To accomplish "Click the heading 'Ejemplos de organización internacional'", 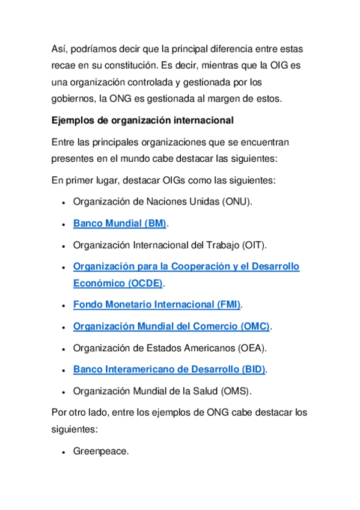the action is pyautogui.click(x=143, y=120).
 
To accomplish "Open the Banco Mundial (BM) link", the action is pyautogui.click(x=120, y=223).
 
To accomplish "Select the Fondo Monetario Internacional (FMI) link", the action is pyautogui.click(x=156, y=304).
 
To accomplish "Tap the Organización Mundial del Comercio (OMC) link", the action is pyautogui.click(x=171, y=326).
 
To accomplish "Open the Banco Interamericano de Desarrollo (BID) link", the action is pyautogui.click(x=169, y=369).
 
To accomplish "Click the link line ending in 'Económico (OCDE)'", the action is pyautogui.click(x=118, y=283).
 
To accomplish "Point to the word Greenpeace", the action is pyautogui.click(x=100, y=450).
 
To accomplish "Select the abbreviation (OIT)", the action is pyautogui.click(x=254, y=245).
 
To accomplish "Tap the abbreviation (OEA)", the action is pyautogui.click(x=252, y=348).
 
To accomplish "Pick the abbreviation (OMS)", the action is pyautogui.click(x=236, y=390).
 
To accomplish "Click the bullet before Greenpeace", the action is pyautogui.click(x=63, y=451).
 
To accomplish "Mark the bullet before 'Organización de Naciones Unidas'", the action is pyautogui.click(x=63, y=202).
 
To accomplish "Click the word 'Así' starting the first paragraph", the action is pyautogui.click(x=59, y=48).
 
